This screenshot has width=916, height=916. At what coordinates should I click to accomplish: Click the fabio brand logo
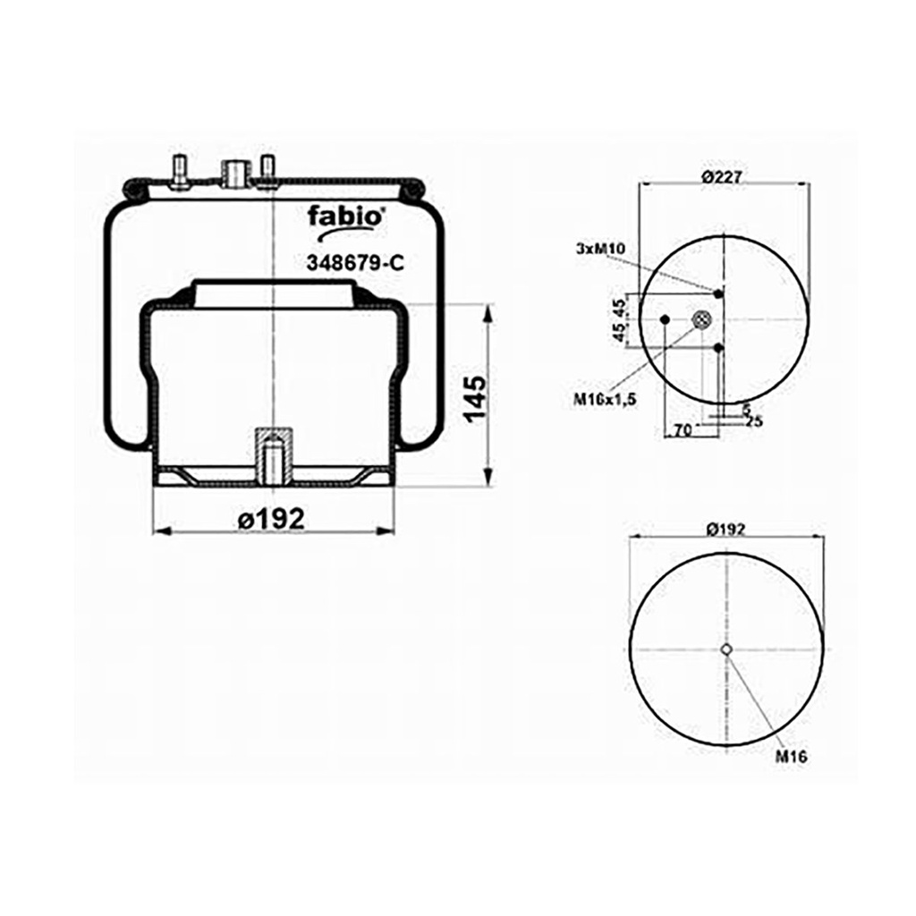tap(345, 222)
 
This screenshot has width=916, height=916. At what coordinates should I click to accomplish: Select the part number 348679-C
tap(355, 264)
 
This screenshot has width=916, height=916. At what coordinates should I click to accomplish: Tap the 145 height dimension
tap(474, 398)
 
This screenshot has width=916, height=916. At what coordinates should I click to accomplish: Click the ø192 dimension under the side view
tap(272, 518)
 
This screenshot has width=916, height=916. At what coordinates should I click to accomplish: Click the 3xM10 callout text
tap(600, 249)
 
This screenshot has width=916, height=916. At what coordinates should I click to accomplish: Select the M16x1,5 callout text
tap(605, 400)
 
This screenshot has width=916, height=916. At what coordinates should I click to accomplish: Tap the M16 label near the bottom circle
tap(791, 757)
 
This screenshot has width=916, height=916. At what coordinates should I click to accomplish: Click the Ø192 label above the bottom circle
tap(726, 530)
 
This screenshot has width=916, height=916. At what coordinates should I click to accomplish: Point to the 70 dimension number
tap(683, 430)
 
